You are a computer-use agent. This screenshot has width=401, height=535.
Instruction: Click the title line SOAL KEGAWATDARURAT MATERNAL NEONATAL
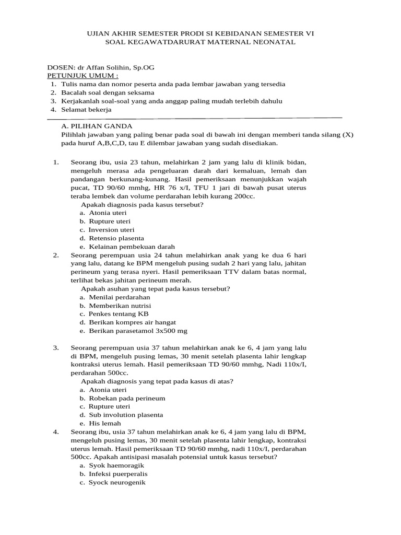pyautogui.click(x=200, y=42)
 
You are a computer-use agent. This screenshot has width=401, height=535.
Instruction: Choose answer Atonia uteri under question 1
pyautogui.click(x=108, y=213)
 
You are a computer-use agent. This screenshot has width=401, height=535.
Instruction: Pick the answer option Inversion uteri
pyautogui.click(x=111, y=230)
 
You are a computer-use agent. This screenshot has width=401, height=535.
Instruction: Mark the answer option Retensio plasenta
pyautogui.click(x=116, y=238)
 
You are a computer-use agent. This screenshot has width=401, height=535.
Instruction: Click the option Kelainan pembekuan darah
pyautogui.click(x=132, y=247)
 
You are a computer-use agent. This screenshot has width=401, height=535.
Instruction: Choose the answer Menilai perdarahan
pyautogui.click(x=115, y=297)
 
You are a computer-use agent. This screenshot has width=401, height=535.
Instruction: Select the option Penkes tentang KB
pyautogui.click(x=118, y=314)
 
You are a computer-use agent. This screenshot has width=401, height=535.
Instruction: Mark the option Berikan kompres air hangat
pyautogui.click(x=132, y=322)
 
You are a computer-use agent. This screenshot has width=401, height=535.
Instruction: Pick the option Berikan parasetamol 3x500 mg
pyautogui.click(x=138, y=331)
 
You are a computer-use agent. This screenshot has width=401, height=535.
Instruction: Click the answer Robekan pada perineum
pyautogui.click(x=127, y=398)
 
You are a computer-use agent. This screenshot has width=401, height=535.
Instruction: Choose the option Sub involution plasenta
pyautogui.click(x=126, y=415)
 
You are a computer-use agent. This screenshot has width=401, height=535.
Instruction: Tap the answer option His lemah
pyautogui.click(x=105, y=423)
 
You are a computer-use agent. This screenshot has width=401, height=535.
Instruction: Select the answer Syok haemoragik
pyautogui.click(x=116, y=466)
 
